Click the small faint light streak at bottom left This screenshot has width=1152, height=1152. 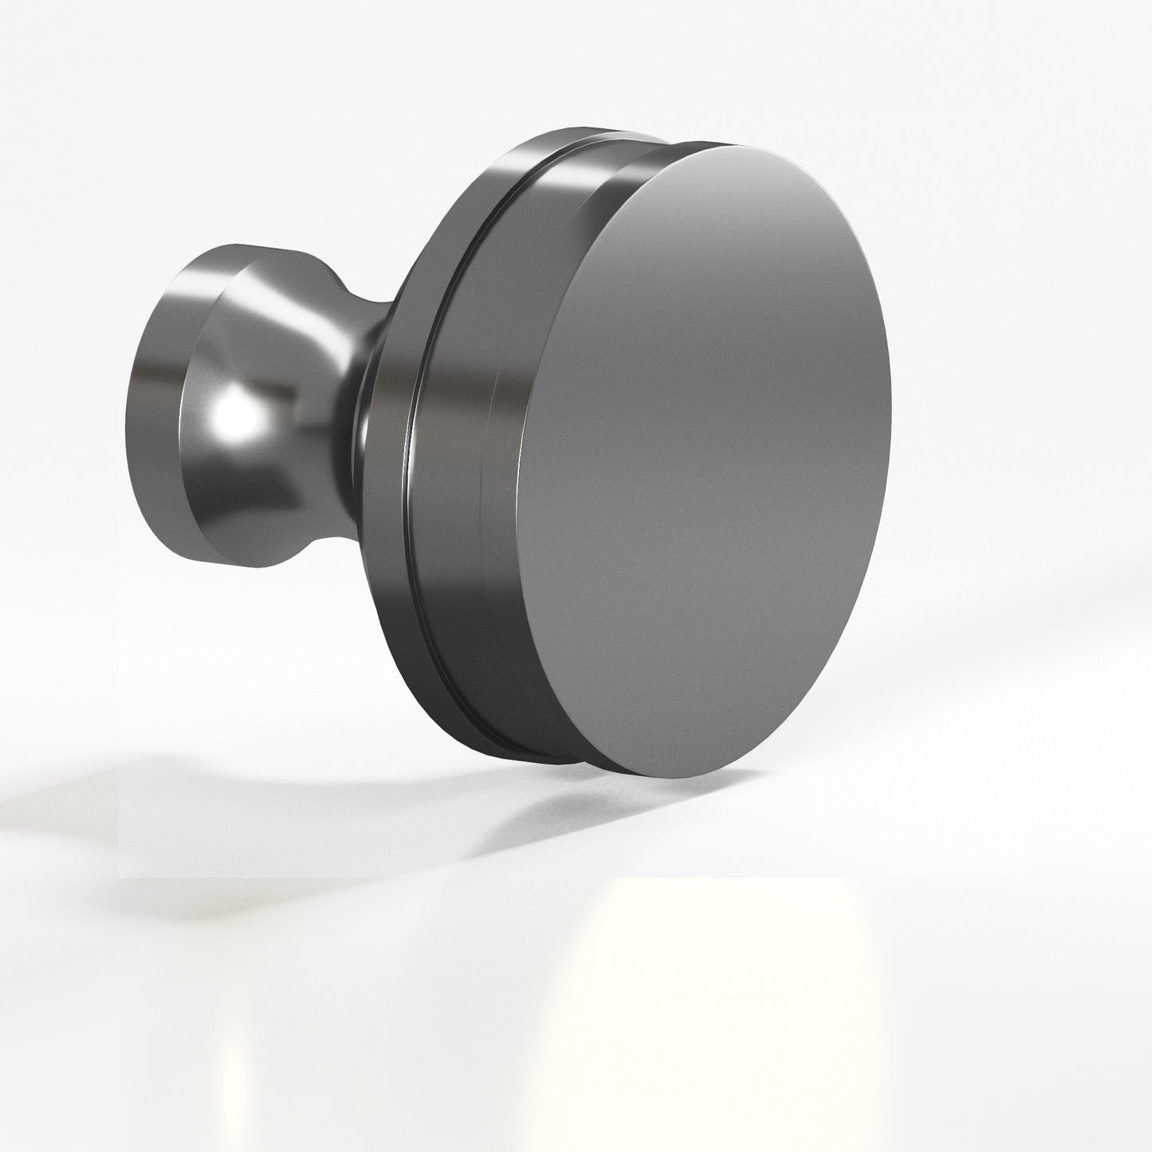tap(231, 1068)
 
